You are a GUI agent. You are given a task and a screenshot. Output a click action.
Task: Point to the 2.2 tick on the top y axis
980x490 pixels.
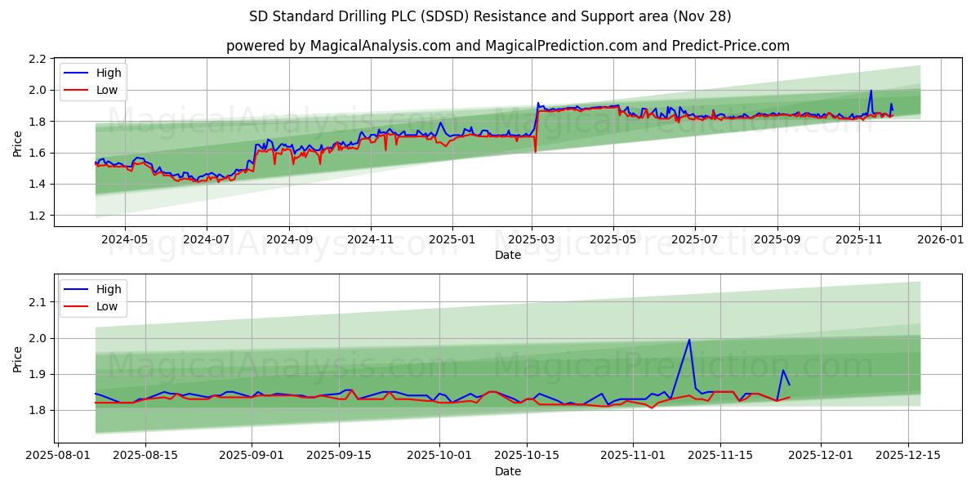[38, 59]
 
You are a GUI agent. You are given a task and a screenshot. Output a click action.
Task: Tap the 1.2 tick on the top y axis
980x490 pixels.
[38, 216]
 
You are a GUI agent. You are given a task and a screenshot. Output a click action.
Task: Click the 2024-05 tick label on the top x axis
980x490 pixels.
[124, 240]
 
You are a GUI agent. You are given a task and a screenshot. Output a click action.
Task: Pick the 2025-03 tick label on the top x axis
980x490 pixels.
[532, 240]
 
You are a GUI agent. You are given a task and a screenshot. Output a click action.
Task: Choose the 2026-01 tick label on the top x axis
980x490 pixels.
[941, 240]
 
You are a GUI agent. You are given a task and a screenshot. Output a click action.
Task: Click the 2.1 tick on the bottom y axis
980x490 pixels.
[38, 302]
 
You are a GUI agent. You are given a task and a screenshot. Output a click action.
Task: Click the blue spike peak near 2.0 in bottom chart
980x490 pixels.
[689, 340]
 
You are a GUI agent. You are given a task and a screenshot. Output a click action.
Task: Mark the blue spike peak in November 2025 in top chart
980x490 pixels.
[871, 91]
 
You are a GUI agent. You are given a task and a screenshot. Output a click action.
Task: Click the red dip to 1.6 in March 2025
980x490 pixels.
[535, 152]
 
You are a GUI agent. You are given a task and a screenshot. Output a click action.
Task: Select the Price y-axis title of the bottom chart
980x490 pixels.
[18, 359]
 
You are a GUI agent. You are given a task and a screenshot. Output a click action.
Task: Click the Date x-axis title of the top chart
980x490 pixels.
[508, 255]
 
